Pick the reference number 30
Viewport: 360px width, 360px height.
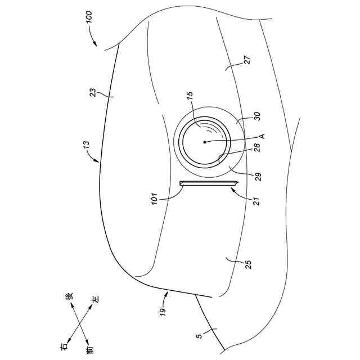[256, 118]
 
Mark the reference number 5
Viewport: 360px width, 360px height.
[199, 337]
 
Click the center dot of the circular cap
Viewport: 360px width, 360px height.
[205, 142]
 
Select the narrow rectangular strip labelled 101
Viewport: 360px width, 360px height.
[208, 183]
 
